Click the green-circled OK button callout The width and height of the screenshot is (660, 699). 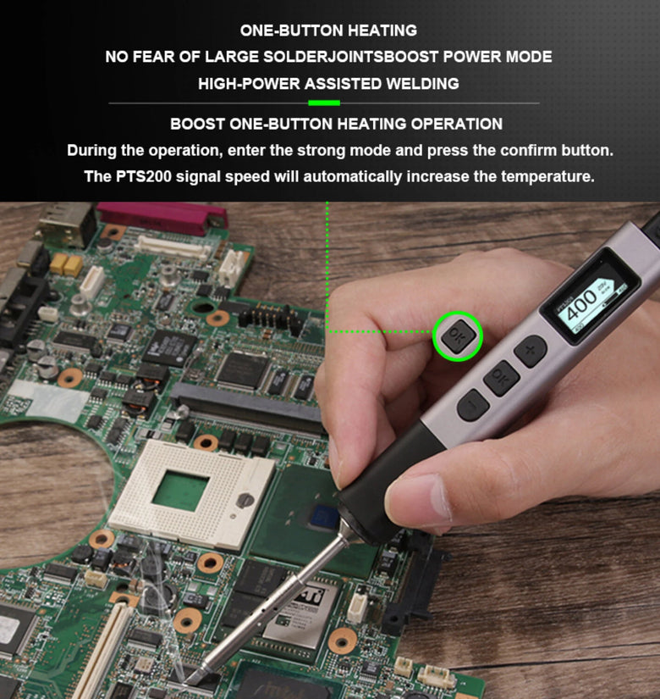point(458,336)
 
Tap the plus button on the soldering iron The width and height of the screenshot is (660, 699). point(530,351)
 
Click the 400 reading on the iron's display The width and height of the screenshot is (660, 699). point(580,303)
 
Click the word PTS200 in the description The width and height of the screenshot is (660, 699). point(143,176)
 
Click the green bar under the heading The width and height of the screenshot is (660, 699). point(324,103)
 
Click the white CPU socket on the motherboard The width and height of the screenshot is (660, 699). point(191,491)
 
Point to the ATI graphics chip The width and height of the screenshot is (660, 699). point(304,612)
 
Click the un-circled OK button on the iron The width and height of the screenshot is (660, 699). point(501,378)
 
